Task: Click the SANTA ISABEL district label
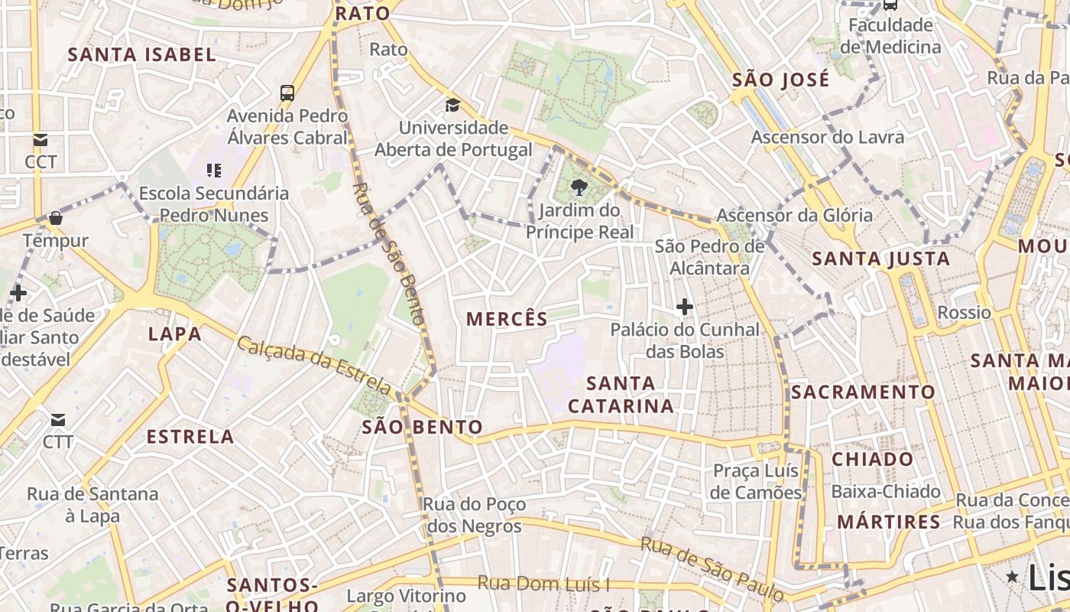pos(142,54)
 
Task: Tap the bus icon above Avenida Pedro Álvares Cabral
pos(287,93)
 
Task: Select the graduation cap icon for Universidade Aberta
pos(453,105)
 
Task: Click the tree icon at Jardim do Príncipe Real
pos(579,187)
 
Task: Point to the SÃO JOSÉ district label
pos(780,80)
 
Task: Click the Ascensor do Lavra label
pos(828,137)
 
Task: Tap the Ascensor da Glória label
pos(794,215)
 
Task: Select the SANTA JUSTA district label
pos(880,259)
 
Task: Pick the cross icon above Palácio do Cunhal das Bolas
pos(685,308)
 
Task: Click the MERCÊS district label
pos(507,319)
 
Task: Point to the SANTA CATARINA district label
pos(621,394)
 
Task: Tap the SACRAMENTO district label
pos(863,392)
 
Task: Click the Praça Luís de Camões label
pos(755,481)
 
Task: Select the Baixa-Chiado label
pos(886,491)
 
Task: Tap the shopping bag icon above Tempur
pos(55,218)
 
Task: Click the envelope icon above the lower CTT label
pos(58,420)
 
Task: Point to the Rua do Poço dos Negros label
pos(474,515)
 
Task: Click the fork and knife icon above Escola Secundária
pos(214,170)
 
